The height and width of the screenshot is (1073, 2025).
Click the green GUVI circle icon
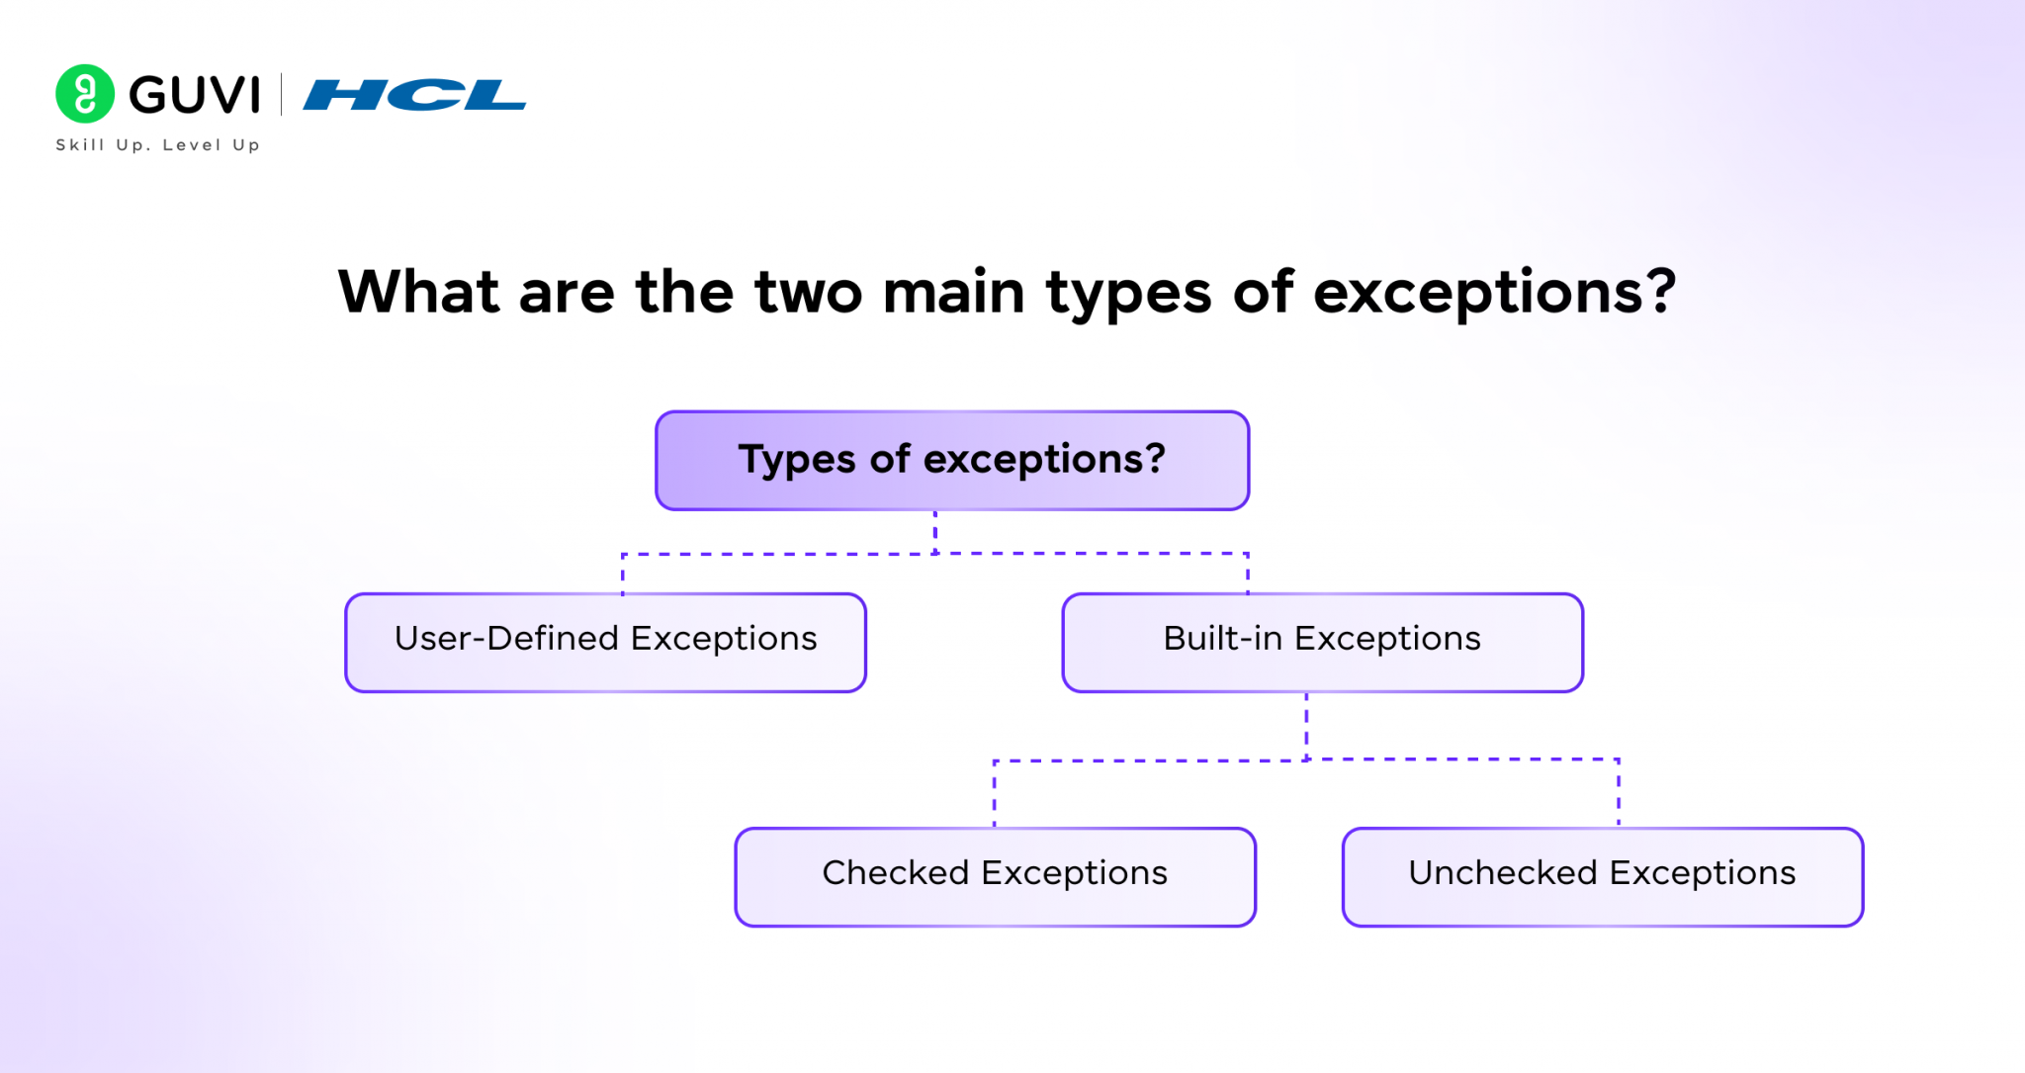point(85,94)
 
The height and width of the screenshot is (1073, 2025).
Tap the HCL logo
point(414,95)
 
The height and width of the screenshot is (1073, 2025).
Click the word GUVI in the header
point(195,95)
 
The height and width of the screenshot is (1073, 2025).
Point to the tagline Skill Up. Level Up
point(158,144)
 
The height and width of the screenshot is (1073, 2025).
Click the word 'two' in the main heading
point(809,293)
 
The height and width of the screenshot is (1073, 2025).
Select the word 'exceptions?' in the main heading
point(1494,294)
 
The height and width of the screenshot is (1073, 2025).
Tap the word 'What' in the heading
point(419,292)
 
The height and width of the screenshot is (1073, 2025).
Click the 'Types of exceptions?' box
point(952,461)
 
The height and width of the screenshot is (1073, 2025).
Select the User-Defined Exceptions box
point(605,643)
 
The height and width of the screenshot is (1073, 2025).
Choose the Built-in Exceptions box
point(1322,643)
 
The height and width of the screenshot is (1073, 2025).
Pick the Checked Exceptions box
point(995,877)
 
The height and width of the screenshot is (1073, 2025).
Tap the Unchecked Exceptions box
point(1603,877)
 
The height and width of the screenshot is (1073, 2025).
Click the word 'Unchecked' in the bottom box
point(1503,872)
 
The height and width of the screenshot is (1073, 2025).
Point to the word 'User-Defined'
point(506,638)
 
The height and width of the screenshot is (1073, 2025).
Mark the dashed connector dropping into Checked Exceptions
point(995,793)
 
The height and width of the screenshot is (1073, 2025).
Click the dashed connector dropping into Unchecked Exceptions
point(1619,793)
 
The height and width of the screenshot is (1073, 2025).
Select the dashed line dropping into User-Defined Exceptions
point(623,574)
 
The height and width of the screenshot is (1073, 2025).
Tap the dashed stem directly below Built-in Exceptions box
point(1306,726)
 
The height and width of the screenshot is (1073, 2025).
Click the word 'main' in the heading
point(953,293)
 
